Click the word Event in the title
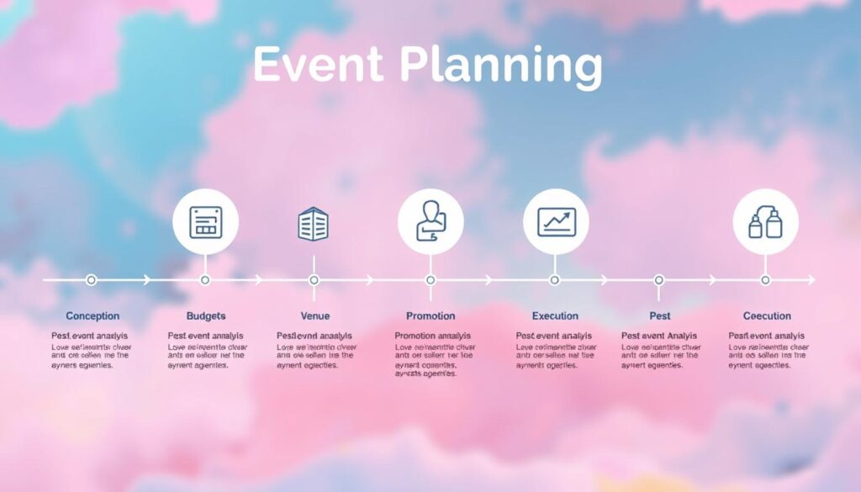318,66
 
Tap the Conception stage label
92,316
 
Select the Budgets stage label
206,316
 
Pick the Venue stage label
314,316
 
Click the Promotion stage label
430,316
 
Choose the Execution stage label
555,316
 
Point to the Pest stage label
660,316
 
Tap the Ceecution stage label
767,316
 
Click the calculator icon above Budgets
205,223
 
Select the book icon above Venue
314,225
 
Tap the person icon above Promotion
430,222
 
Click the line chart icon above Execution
556,222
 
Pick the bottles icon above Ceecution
765,222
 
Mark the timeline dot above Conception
92,280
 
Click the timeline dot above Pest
659,280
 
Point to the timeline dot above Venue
314,280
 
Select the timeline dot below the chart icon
554,280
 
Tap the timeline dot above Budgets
205,280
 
